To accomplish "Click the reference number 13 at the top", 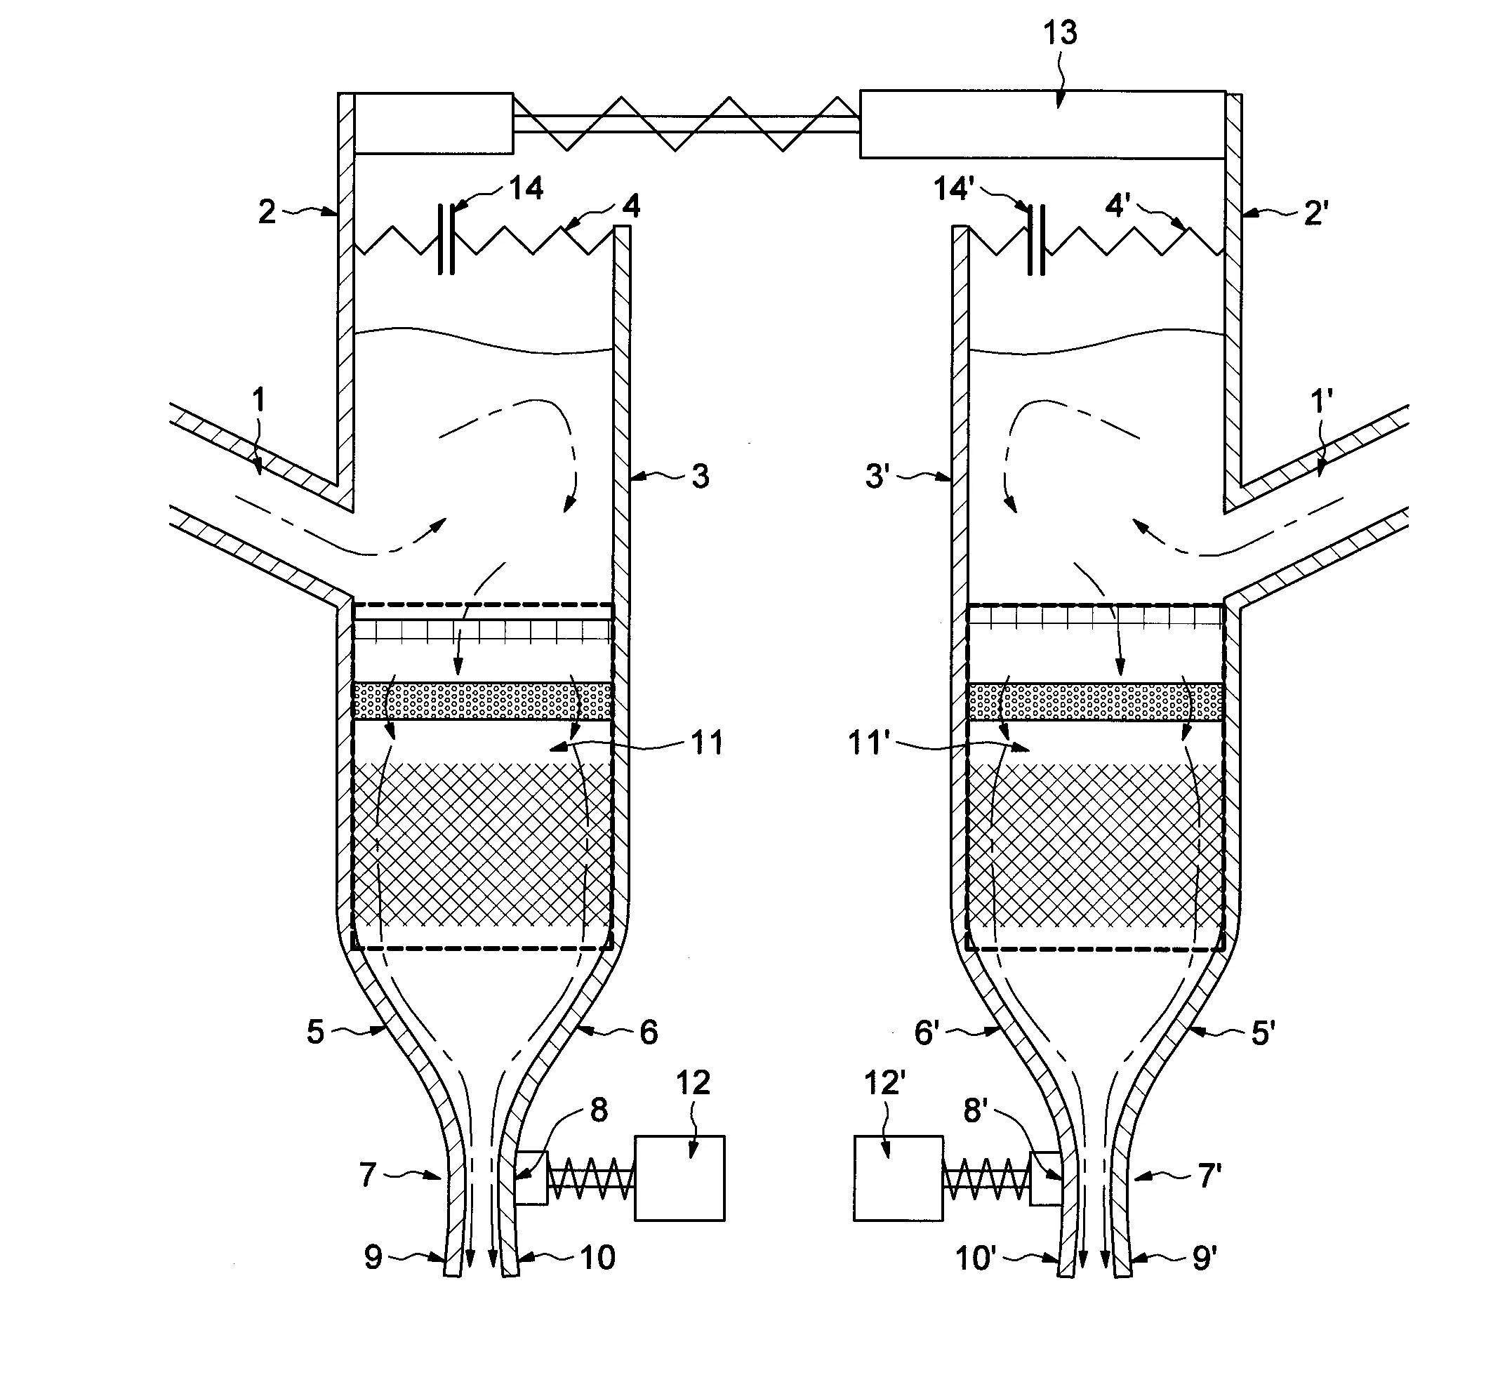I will click(1060, 34).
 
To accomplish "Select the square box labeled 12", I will click(679, 1179).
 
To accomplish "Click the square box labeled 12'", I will click(898, 1179).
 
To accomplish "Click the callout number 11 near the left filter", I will click(706, 743).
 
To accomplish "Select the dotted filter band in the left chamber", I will click(482, 700).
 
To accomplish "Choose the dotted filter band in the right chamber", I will click(1096, 701).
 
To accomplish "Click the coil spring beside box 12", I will click(591, 1179).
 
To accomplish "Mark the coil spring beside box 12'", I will click(987, 1179).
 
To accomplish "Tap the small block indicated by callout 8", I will click(531, 1178).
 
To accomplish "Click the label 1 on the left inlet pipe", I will click(258, 401).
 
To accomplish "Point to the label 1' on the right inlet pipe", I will click(1322, 402).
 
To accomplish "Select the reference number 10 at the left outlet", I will click(597, 1258).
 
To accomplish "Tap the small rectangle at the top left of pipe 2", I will click(434, 124).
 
